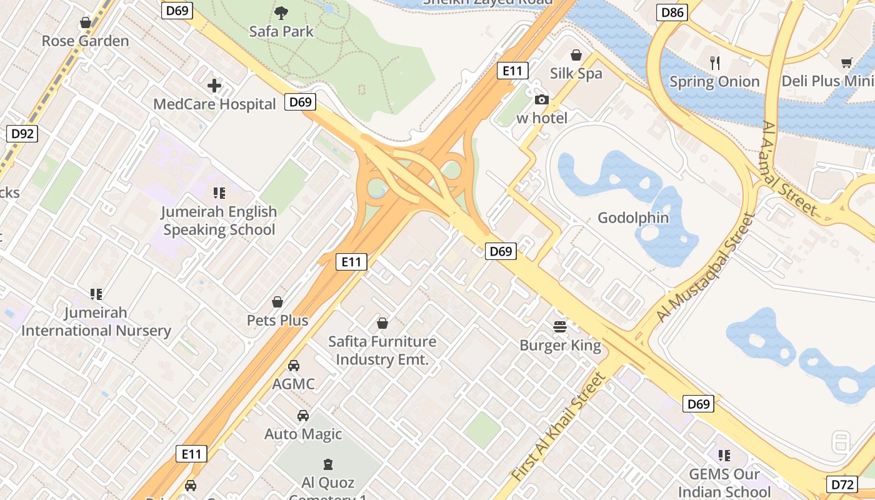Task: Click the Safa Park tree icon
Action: click(x=281, y=12)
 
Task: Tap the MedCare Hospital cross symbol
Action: click(x=214, y=86)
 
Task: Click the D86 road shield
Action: click(x=672, y=12)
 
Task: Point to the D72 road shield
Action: click(x=842, y=484)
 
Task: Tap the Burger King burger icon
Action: click(x=559, y=326)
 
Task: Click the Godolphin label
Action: click(x=633, y=218)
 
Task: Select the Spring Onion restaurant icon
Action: click(x=715, y=62)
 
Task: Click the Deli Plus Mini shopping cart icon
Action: click(x=847, y=62)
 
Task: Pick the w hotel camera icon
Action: click(x=541, y=100)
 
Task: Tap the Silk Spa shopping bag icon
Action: click(x=576, y=55)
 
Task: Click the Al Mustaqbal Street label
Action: click(x=706, y=268)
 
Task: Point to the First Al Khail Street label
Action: click(x=559, y=427)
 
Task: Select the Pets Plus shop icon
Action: click(x=277, y=302)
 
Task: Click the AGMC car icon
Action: click(x=293, y=366)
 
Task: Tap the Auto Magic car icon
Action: click(x=303, y=416)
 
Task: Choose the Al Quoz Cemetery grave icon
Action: click(x=327, y=464)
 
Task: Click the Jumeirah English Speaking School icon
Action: click(x=219, y=193)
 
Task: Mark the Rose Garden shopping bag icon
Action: click(x=86, y=23)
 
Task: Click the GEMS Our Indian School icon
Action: click(x=724, y=456)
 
